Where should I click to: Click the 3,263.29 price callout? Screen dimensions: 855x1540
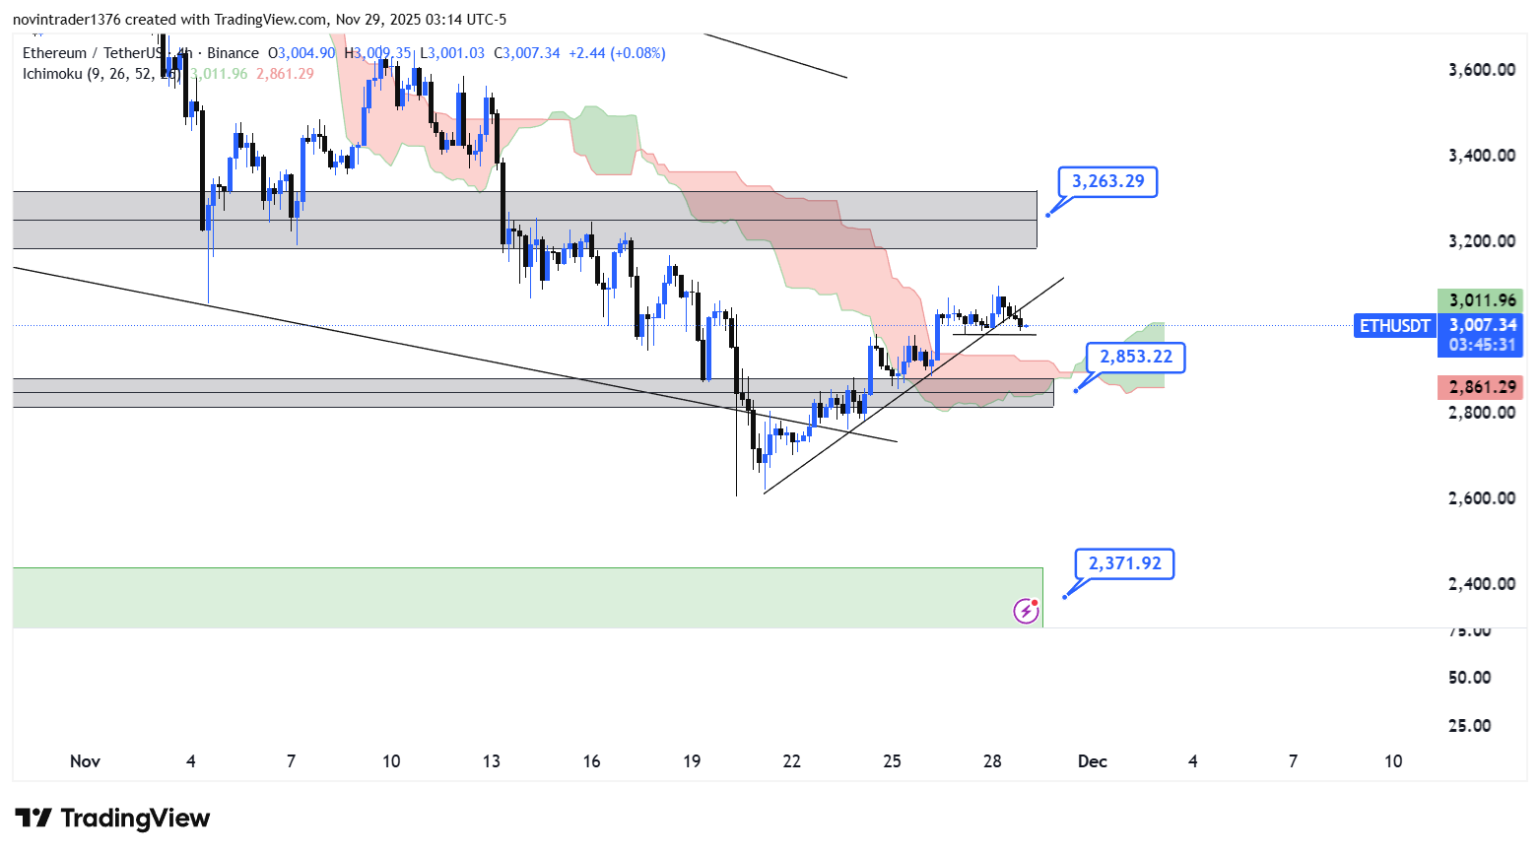pos(1107,181)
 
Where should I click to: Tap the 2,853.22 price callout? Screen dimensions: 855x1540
pos(1136,357)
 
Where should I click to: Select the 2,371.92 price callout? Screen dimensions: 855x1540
pos(1124,563)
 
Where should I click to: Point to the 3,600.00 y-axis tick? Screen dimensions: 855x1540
pos(1481,70)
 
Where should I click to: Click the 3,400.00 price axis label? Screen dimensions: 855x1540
pos(1481,156)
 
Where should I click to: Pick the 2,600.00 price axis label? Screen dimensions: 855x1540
pos(1481,498)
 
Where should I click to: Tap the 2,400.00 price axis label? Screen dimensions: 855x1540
pos(1481,584)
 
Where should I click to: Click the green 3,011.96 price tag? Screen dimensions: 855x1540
pos(1481,300)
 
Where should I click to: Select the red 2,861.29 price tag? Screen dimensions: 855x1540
pos(1481,387)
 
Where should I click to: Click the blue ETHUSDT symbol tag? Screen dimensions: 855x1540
pos(1394,326)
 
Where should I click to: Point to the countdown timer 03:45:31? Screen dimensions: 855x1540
pos(1481,345)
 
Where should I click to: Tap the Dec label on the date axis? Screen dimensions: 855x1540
pos(1092,761)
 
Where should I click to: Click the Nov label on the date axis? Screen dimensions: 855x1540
pos(85,761)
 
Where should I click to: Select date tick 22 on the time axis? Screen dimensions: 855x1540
pos(791,761)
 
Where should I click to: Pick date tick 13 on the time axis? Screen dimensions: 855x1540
pos(491,761)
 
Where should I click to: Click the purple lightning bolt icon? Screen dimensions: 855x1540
pos(1026,611)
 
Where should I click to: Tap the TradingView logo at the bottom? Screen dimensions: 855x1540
pos(113,819)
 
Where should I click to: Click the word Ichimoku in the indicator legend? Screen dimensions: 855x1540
pos(52,74)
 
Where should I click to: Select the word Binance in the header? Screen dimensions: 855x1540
pos(233,53)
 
